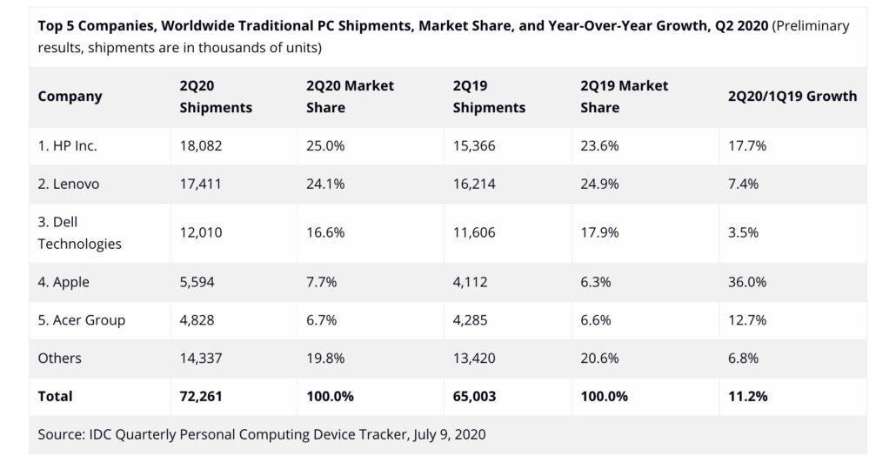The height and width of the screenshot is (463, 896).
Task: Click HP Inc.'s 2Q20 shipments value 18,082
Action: [x=201, y=146]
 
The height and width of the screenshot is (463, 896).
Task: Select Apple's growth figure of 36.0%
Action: [x=747, y=282]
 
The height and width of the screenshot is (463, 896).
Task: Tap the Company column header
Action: [x=70, y=97]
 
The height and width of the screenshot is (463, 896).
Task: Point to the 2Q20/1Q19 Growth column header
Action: [x=792, y=97]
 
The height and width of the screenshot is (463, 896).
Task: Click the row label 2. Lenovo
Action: [x=69, y=184]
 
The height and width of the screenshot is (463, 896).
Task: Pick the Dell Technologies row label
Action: [x=79, y=232]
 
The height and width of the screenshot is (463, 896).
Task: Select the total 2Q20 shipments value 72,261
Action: [x=201, y=396]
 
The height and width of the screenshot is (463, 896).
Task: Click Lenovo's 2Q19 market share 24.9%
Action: [x=599, y=184]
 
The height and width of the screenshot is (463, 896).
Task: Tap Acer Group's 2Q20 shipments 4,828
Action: [x=197, y=319]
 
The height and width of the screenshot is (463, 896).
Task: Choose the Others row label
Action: [x=60, y=358]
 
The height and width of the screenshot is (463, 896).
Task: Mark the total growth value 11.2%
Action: [x=747, y=396]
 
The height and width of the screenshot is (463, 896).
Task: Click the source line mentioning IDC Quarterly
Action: [x=261, y=433]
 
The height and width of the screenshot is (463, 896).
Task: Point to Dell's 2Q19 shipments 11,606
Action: [x=474, y=232]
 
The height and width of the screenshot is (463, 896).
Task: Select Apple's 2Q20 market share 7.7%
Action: [x=322, y=282]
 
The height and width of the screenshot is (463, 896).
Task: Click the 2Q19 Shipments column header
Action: [x=489, y=97]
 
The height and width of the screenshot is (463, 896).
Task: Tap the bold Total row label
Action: [x=56, y=396]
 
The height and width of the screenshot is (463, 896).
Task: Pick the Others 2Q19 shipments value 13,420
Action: [x=474, y=358]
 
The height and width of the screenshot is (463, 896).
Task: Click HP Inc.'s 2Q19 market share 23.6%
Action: [x=599, y=146]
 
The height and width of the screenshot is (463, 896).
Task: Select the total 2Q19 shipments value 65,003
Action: [x=475, y=396]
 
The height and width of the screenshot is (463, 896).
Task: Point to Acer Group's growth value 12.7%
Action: [x=747, y=319]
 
